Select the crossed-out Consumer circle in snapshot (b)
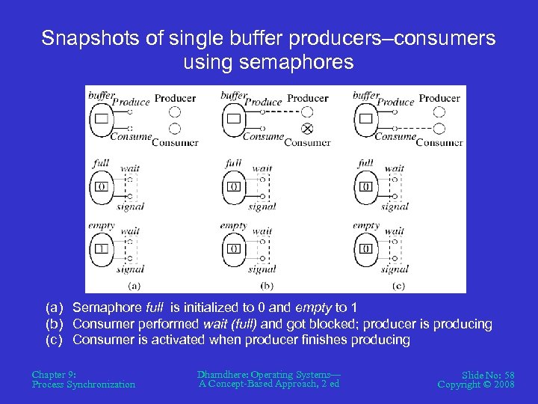307,128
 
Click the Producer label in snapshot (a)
175,98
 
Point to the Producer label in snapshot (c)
439,98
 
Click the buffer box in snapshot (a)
101,118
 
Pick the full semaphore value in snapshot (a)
101,186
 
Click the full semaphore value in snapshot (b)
234,186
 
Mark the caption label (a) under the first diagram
134,285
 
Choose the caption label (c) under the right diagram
398,285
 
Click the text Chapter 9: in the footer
54,374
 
